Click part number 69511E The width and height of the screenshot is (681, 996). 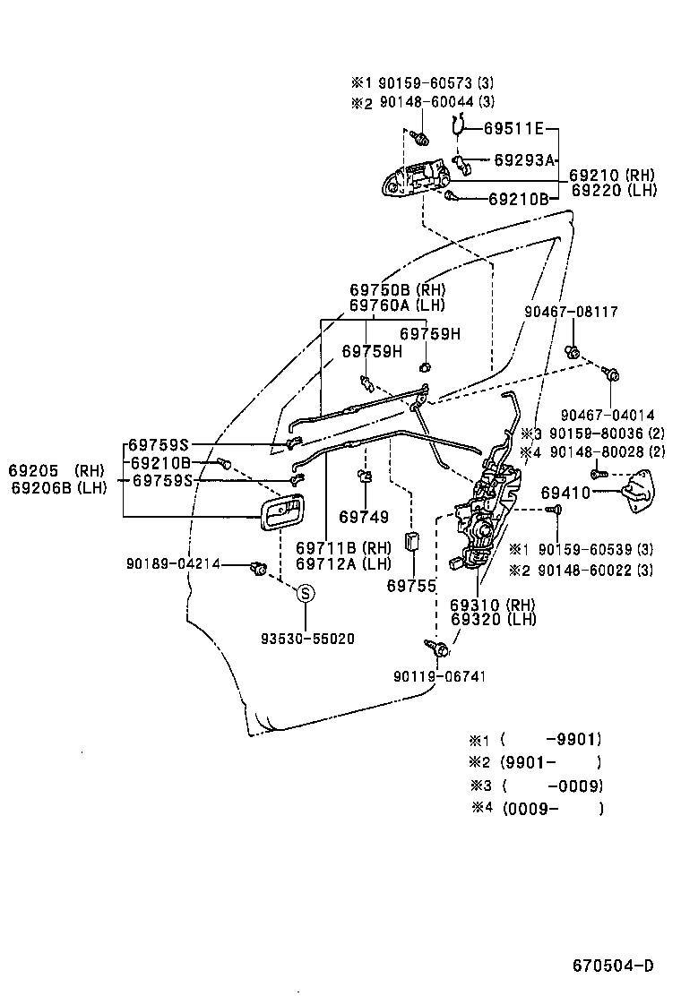(x=514, y=129)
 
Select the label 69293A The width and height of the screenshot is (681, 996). (x=524, y=160)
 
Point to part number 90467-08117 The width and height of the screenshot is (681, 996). (x=572, y=313)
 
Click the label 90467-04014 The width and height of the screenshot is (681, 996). (x=607, y=415)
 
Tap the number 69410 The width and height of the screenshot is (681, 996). (x=565, y=493)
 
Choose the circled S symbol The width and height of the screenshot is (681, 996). (x=306, y=593)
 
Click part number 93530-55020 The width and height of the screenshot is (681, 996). (x=307, y=639)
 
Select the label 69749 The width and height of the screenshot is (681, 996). (x=364, y=517)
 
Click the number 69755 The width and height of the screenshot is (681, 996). (x=411, y=587)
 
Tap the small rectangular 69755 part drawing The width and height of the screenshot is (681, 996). (x=412, y=543)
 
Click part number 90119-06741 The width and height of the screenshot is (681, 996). (x=439, y=675)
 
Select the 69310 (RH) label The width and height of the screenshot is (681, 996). (x=492, y=605)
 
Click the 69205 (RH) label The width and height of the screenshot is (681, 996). (x=56, y=470)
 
